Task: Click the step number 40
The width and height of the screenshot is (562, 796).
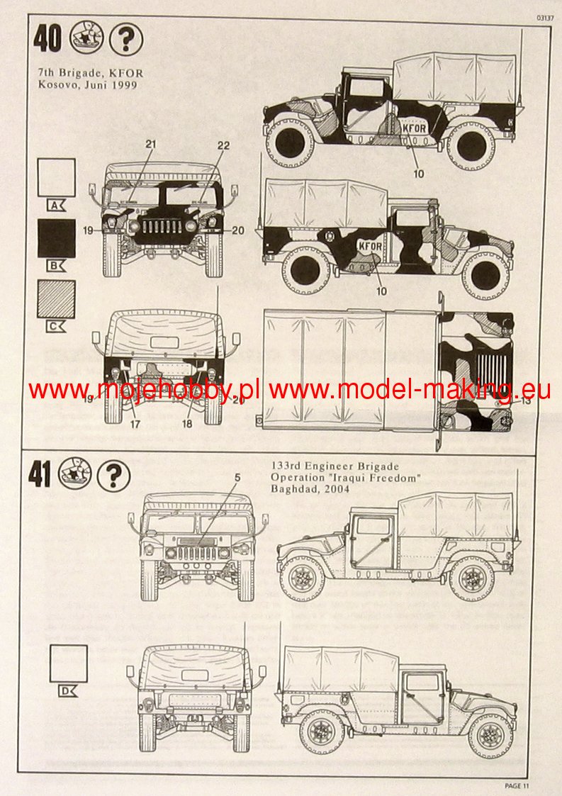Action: (47, 39)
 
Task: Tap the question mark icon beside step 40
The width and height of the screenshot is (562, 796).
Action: (126, 40)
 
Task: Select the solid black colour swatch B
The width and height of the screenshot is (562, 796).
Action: (57, 238)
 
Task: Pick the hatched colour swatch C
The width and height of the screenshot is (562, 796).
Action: (57, 300)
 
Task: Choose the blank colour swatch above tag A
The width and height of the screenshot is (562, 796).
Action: (57, 176)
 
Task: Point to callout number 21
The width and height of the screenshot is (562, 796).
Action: (150, 145)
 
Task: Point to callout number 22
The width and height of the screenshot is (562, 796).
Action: (223, 145)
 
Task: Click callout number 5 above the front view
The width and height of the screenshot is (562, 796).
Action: (237, 478)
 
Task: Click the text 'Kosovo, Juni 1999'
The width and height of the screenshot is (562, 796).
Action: (88, 84)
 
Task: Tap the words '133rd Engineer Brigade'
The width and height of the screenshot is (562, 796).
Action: (335, 466)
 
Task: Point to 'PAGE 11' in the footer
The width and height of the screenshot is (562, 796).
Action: (517, 785)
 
